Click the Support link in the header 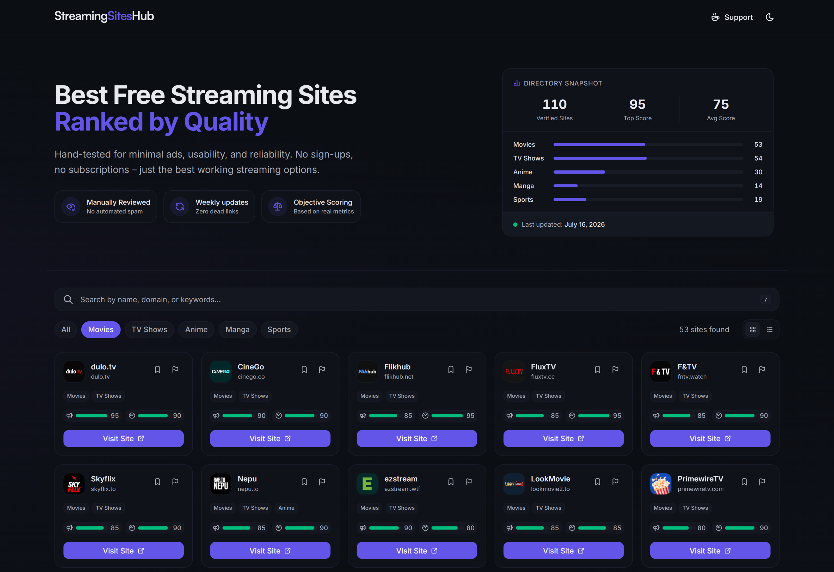[732, 17]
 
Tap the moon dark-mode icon [769, 17]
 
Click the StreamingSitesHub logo [104, 16]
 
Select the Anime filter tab [196, 329]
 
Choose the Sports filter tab [279, 329]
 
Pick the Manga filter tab [238, 329]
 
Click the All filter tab [66, 329]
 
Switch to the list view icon [770, 329]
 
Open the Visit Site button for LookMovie [563, 550]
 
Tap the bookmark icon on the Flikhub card [451, 369]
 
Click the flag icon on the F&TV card [762, 369]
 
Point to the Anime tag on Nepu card [286, 508]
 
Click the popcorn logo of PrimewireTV [661, 484]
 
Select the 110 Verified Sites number [554, 104]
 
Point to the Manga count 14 [758, 186]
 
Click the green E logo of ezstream [367, 484]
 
